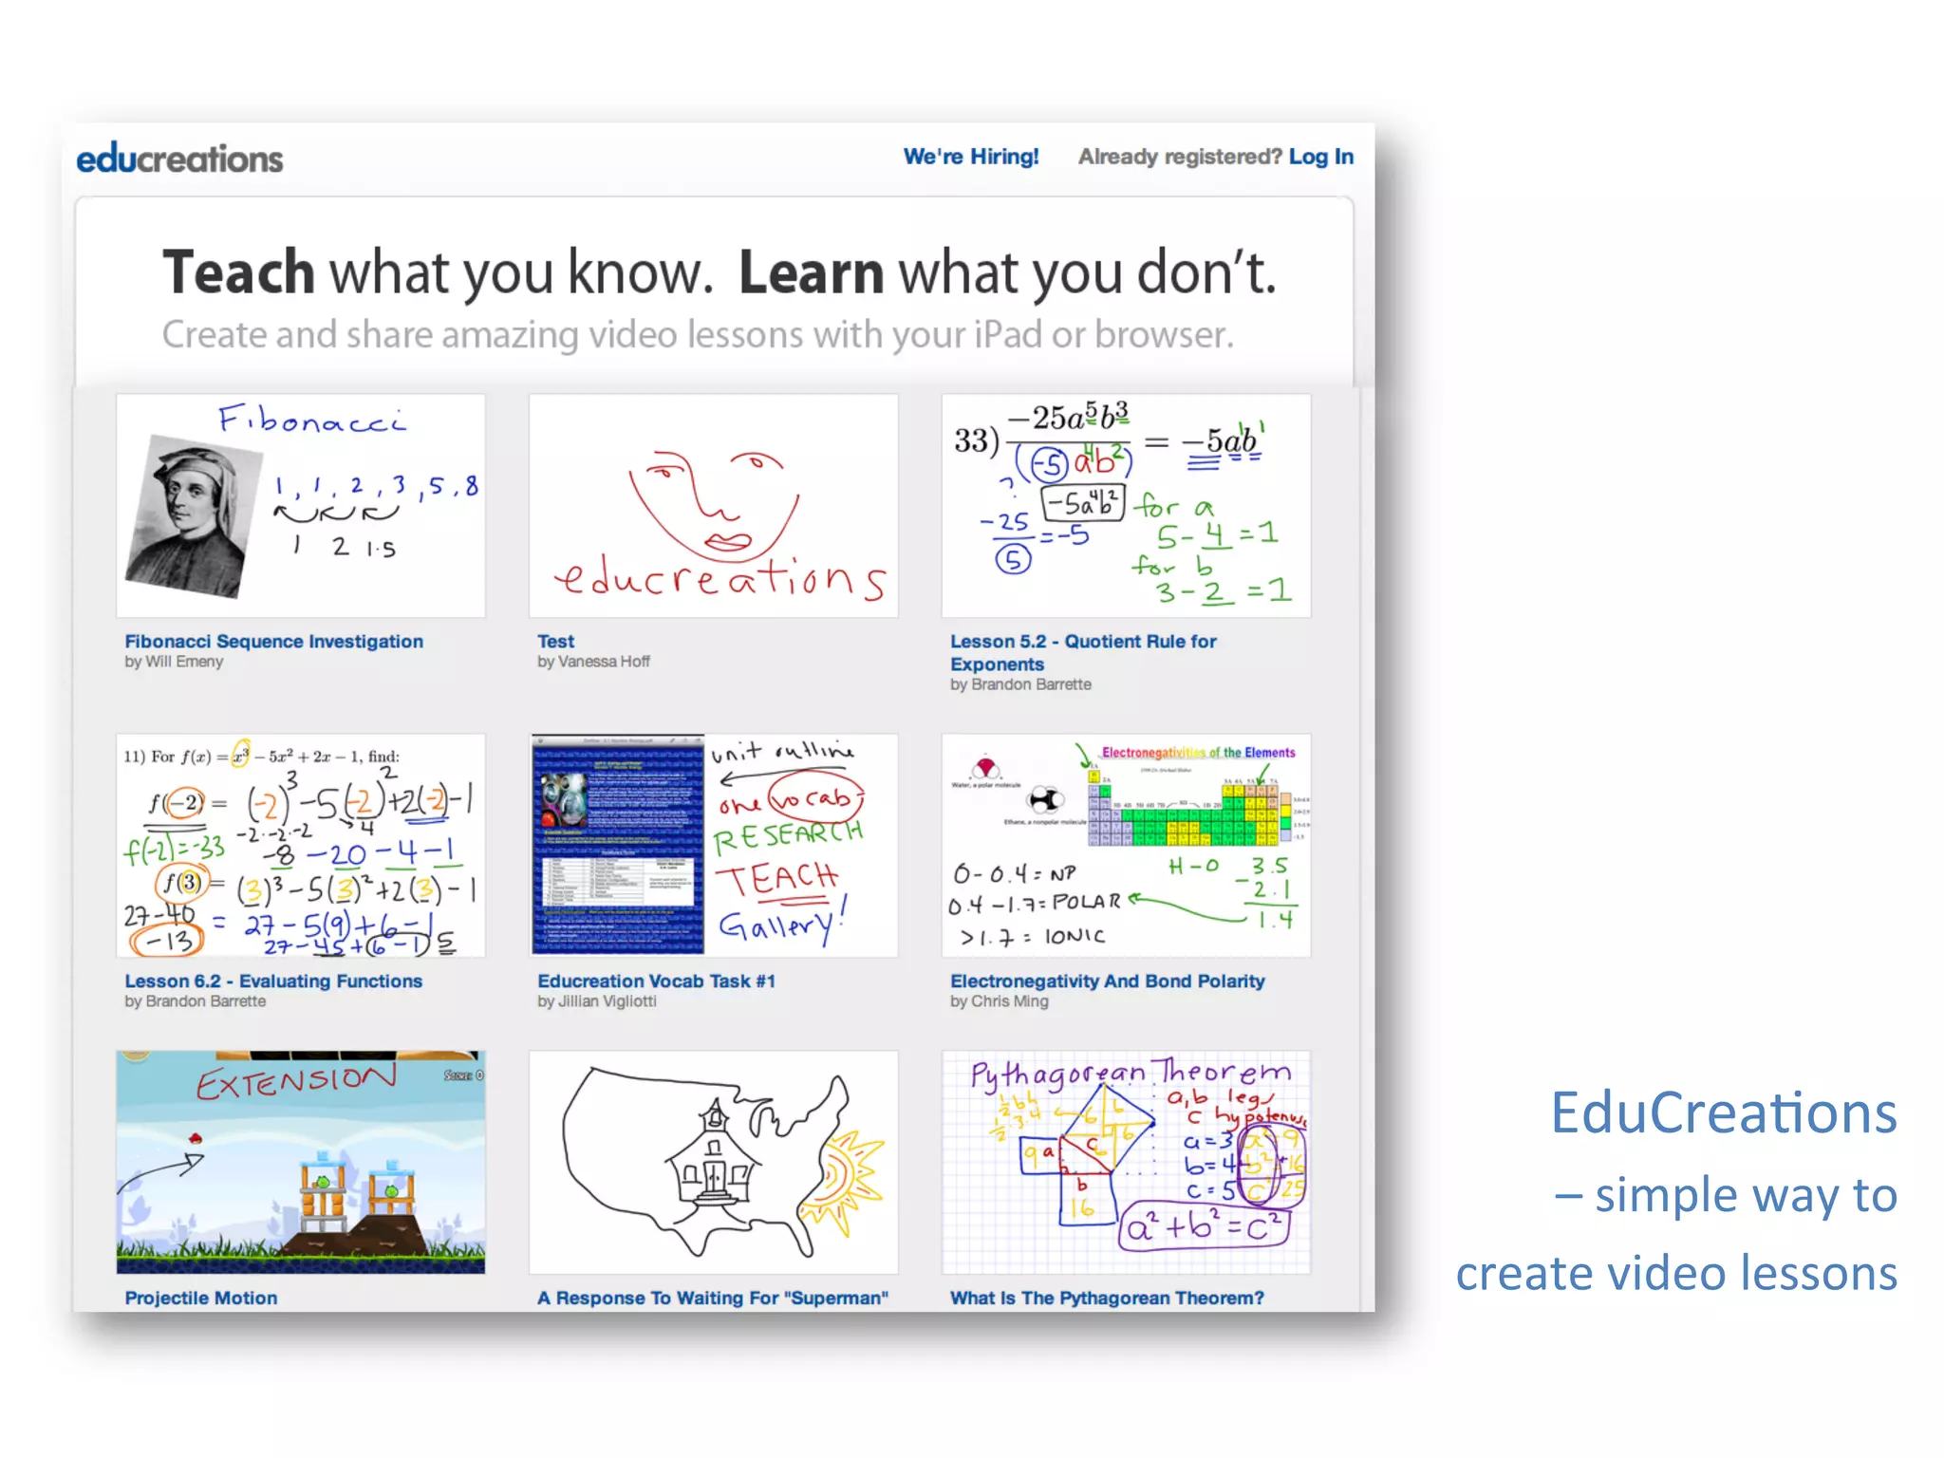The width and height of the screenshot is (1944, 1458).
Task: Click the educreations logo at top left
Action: click(x=179, y=158)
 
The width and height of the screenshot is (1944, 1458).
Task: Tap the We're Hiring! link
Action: click(x=970, y=157)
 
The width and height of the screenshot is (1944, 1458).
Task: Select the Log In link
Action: click(x=1320, y=157)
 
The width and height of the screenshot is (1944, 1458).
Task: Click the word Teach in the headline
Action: click(x=238, y=272)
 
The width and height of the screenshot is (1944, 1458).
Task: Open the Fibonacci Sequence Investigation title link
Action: click(x=273, y=642)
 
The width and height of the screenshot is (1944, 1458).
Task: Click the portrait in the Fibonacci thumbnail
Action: click(x=192, y=514)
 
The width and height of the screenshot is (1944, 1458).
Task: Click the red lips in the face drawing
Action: click(x=727, y=543)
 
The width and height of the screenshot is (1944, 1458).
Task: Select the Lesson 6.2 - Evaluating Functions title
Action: click(x=273, y=981)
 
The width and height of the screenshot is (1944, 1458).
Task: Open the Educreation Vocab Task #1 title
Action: click(x=656, y=981)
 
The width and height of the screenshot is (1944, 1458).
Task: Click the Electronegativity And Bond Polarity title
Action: click(x=1107, y=981)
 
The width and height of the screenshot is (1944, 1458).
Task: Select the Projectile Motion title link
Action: click(x=201, y=1298)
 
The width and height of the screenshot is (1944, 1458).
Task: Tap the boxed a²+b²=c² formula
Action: click(x=1203, y=1227)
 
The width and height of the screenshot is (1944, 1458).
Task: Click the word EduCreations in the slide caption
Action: click(x=1723, y=1112)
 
